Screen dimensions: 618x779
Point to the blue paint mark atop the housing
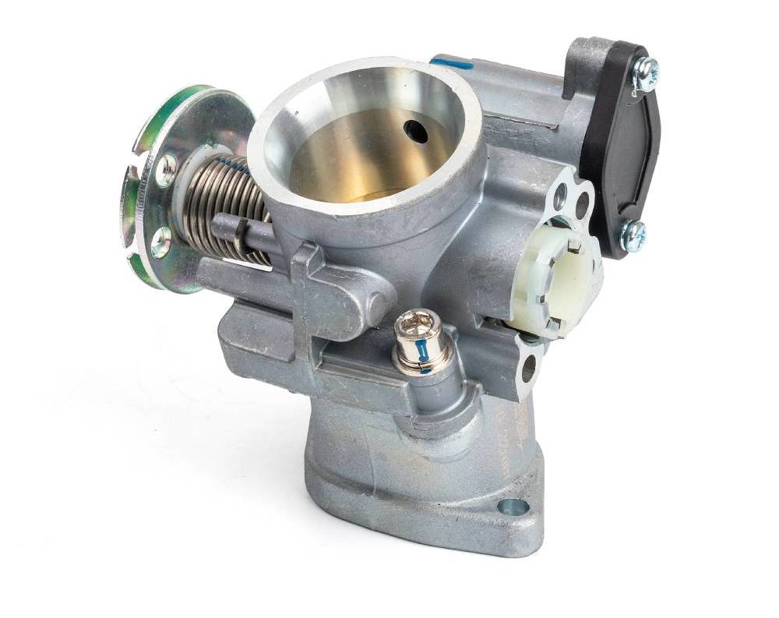(x=452, y=63)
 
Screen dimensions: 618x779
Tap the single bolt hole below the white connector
(x=529, y=367)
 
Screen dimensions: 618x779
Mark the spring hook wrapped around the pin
(x=242, y=231)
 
